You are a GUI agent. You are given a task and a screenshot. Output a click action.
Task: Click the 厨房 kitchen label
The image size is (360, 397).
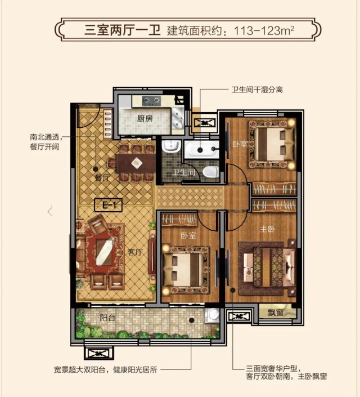click(145, 118)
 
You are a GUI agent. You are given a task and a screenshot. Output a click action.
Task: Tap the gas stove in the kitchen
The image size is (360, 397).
click(151, 101)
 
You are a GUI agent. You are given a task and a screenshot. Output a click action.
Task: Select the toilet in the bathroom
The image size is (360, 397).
click(211, 172)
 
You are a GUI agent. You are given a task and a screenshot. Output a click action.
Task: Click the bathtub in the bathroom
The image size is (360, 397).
click(201, 149)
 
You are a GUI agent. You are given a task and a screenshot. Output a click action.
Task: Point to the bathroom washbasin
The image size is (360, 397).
click(171, 146)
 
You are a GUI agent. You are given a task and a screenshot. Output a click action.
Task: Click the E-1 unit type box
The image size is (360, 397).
click(108, 205)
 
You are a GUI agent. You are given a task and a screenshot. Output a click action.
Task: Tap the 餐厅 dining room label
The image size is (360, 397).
click(102, 178)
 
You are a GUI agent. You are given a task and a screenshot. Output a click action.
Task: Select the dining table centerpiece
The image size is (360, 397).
click(136, 163)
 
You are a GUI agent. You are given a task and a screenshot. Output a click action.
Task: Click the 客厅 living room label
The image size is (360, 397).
click(135, 252)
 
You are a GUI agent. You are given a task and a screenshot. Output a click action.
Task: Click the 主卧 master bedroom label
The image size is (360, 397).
click(267, 229)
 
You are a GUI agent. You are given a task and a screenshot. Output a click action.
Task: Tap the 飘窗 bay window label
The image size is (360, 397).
click(275, 313)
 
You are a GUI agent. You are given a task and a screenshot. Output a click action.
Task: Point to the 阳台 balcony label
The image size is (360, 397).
click(107, 318)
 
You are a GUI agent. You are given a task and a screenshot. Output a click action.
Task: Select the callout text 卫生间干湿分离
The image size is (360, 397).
click(257, 90)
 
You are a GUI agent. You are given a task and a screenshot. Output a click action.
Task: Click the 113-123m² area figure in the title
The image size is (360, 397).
click(264, 30)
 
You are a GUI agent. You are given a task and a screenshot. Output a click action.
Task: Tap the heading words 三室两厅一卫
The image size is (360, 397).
click(123, 30)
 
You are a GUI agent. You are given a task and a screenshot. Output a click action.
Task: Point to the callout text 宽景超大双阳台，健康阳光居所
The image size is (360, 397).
click(106, 369)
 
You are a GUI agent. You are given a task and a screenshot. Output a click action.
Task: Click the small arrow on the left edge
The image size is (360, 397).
click(50, 211)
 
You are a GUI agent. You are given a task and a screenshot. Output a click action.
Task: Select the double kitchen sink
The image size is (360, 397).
click(178, 118)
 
